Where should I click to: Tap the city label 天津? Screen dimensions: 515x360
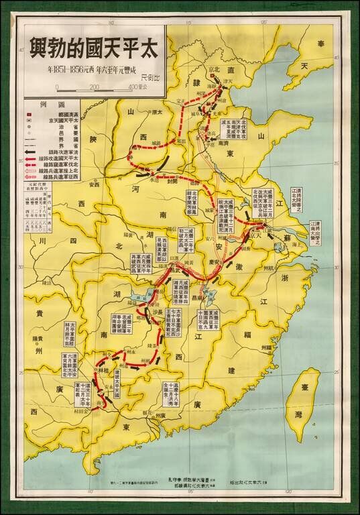point(230,82)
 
